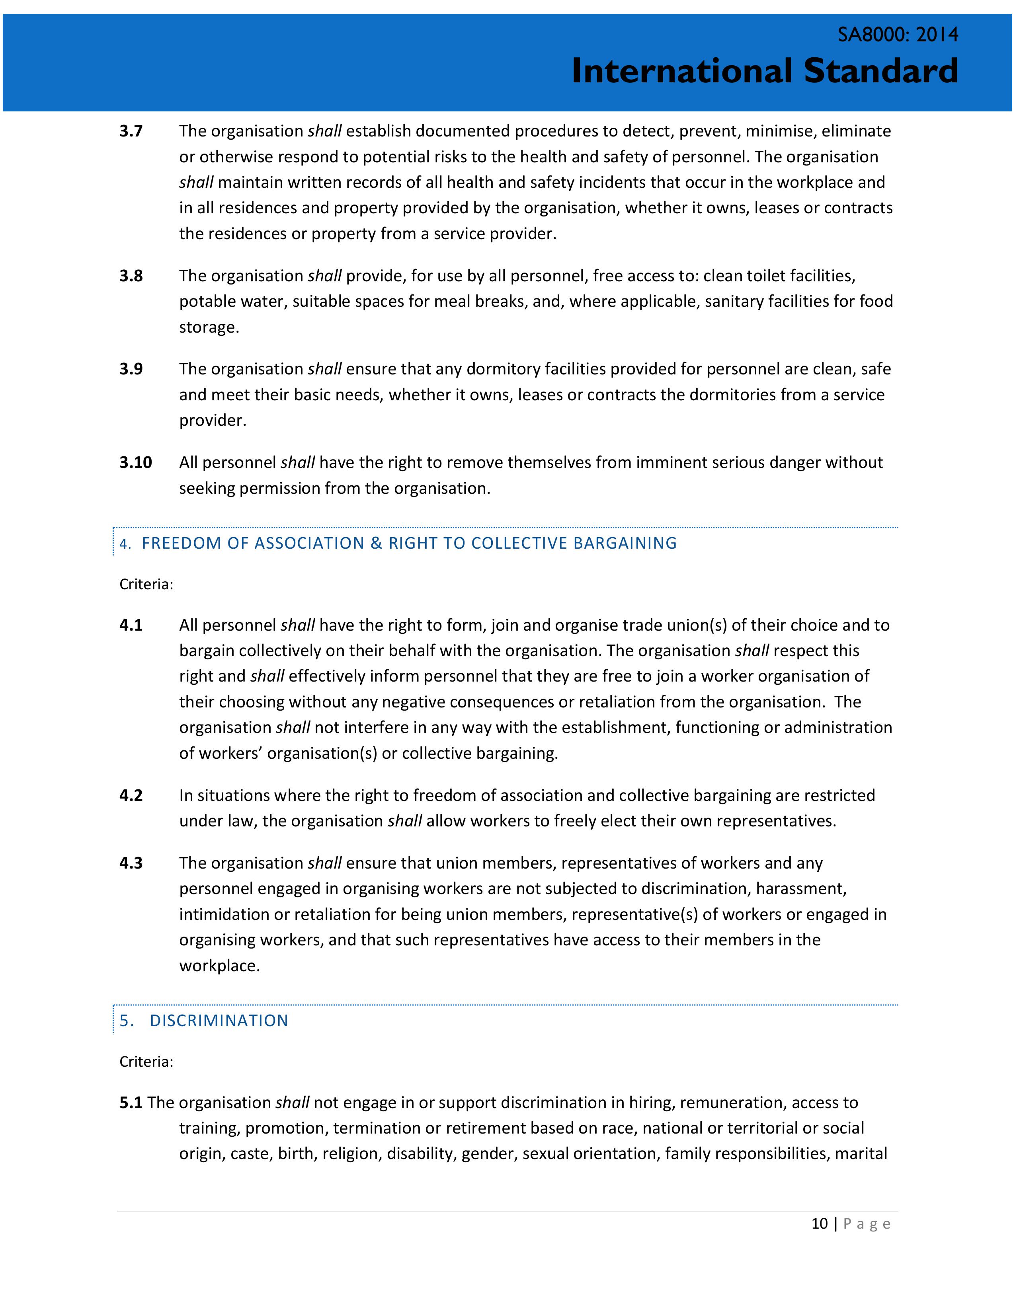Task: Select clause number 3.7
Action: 131,131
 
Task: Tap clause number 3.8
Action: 131,276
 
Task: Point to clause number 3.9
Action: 131,369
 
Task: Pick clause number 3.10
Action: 135,462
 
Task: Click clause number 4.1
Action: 131,625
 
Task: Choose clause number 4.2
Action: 131,795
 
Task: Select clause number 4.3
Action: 131,863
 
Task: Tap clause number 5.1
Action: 131,1103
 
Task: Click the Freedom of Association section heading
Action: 409,543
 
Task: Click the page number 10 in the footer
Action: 820,1223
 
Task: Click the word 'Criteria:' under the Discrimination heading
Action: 146,1062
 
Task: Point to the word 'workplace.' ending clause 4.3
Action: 219,966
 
